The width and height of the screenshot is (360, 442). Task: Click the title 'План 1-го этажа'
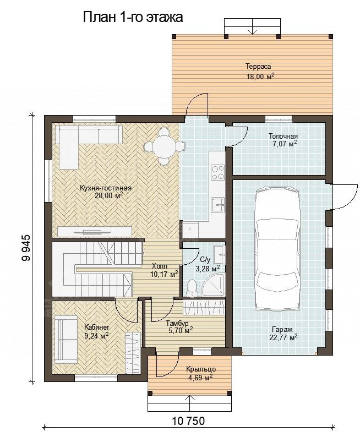click(x=133, y=17)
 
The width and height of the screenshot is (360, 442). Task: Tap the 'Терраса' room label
click(x=258, y=67)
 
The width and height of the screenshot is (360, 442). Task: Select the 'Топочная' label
click(x=283, y=136)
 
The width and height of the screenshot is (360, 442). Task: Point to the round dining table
click(x=164, y=146)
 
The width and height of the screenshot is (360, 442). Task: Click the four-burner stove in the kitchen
click(x=217, y=172)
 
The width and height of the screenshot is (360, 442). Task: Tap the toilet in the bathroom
click(x=193, y=288)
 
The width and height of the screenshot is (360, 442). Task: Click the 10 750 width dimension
click(x=188, y=421)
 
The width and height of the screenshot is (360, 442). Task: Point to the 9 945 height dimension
click(x=26, y=248)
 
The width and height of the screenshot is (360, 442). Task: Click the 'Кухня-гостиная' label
click(x=106, y=188)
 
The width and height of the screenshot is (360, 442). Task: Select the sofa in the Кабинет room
click(x=66, y=340)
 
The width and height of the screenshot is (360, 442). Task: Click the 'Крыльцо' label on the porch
click(x=201, y=369)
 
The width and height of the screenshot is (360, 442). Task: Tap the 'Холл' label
click(x=160, y=266)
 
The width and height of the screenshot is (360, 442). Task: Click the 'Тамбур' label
click(x=177, y=323)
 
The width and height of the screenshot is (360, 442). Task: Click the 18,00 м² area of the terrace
click(x=261, y=77)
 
